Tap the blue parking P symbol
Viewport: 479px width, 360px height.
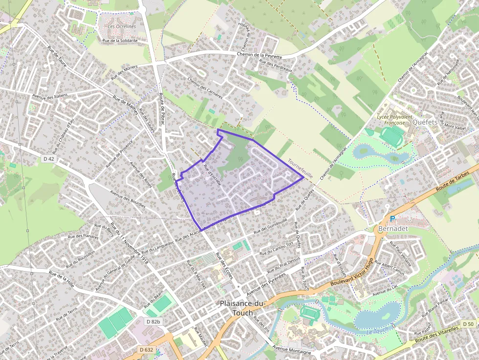[x=392, y=220]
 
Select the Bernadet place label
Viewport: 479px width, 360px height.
[x=392, y=228]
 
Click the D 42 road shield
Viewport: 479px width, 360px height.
[x=48, y=159]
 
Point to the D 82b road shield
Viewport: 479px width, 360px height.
[x=153, y=321]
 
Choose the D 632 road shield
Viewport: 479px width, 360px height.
[x=146, y=350]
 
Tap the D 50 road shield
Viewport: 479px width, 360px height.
[x=468, y=324]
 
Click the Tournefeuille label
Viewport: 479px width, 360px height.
[x=300, y=165]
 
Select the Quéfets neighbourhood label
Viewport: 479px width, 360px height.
[x=424, y=123]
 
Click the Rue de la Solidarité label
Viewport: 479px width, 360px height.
[x=120, y=41]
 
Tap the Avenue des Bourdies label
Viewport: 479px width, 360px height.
[x=128, y=199]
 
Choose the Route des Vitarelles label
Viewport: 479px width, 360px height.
[x=439, y=335]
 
